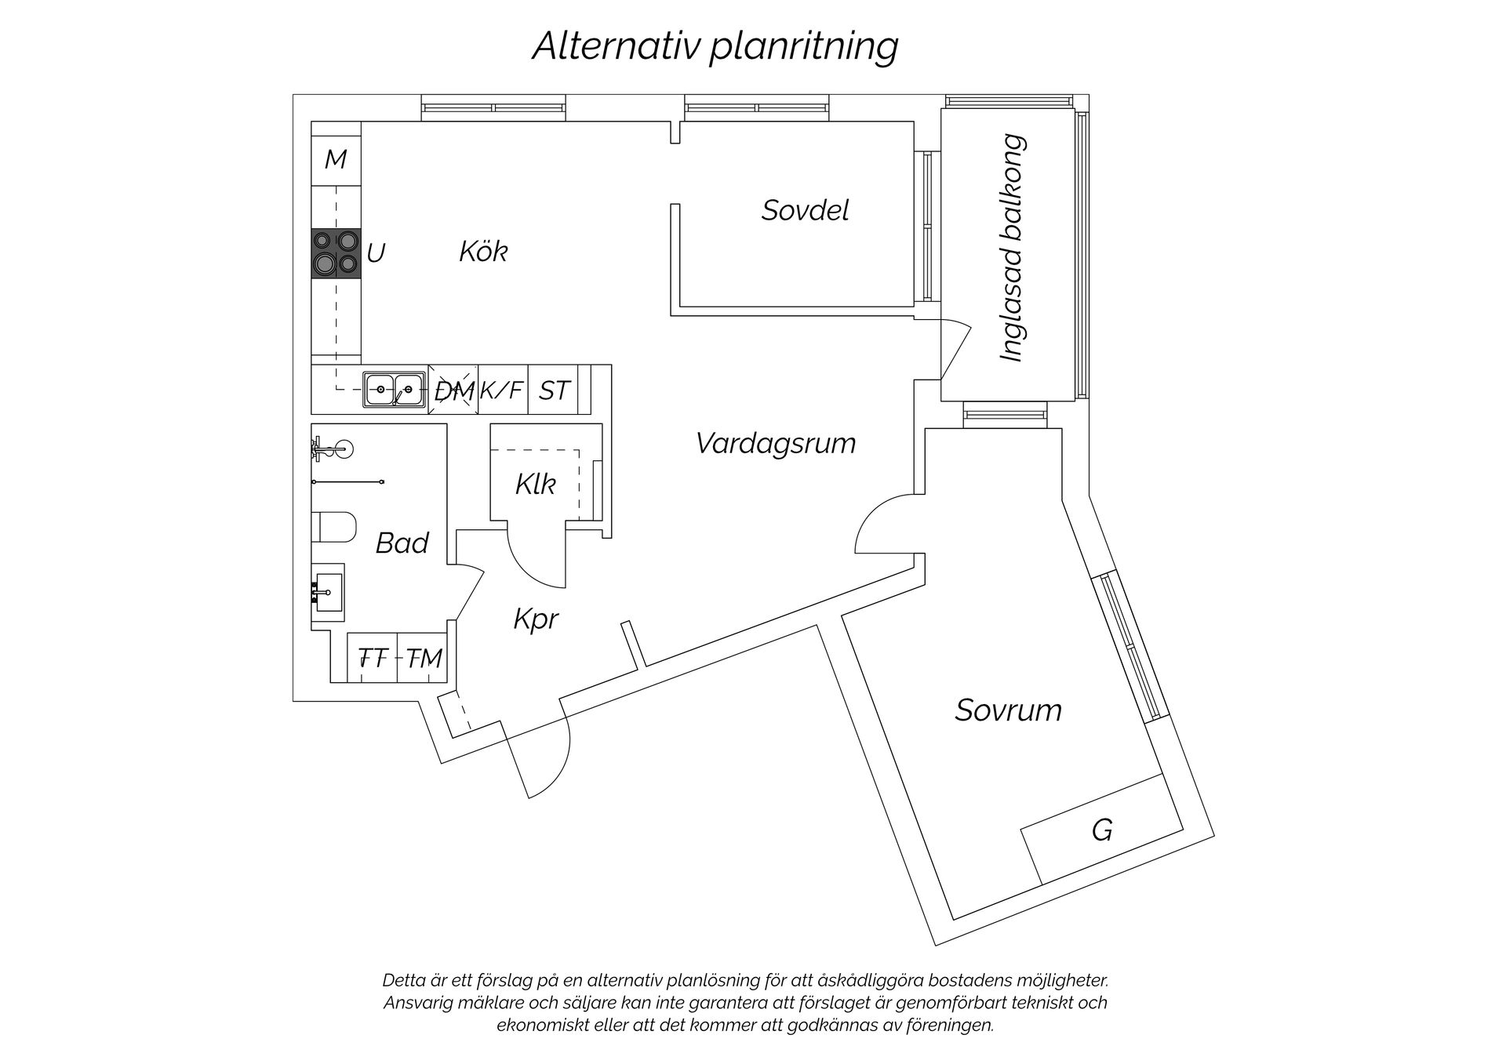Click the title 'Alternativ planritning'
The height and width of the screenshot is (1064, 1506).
point(715,45)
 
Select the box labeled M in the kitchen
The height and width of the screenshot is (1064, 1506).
point(336,160)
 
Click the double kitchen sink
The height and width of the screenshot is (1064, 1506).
point(394,389)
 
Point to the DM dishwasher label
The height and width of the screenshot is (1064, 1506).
point(454,390)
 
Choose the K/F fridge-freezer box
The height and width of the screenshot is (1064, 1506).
point(502,390)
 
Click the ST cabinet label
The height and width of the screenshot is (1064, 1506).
point(554,390)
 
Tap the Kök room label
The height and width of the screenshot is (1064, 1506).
point(483,252)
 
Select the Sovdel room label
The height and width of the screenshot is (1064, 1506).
point(805,210)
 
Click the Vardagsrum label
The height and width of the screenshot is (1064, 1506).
point(775,444)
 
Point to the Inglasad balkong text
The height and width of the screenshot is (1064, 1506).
point(1013,248)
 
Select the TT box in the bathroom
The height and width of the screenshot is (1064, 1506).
point(373,658)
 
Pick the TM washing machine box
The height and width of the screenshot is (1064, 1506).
point(424,658)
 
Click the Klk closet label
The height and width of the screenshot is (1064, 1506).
point(536,485)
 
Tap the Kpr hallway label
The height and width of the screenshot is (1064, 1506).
point(536,619)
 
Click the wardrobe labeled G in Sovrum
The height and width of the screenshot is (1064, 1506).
point(1101,830)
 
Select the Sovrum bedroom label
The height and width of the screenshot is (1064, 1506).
point(1008,710)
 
